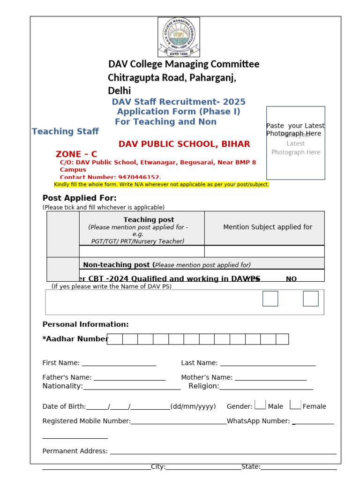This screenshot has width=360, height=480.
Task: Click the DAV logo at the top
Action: coord(179,37)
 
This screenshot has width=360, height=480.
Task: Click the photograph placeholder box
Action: coord(295,143)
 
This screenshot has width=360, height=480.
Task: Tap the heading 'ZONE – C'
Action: coord(76,154)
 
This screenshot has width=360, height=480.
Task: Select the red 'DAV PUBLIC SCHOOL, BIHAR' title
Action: coord(184,144)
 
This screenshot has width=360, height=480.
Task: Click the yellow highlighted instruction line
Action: coord(162,185)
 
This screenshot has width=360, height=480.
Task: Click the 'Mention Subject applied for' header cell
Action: coord(268,227)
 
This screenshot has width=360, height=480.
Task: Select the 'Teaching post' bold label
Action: coord(149,219)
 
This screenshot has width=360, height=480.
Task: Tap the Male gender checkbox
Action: coord(260,405)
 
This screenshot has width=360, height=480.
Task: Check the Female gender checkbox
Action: coord(295,405)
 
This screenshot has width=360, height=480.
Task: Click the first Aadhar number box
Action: coord(115,339)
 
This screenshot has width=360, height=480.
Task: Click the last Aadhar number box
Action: coord(282,339)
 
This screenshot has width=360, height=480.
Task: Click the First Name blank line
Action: coord(119,363)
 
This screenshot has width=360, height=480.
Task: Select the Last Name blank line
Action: coord(268,363)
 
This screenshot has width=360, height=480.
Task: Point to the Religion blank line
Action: coord(266,387)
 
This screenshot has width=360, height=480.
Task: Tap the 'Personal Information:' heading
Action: coord(86,324)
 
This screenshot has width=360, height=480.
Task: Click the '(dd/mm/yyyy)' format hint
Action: coord(193,406)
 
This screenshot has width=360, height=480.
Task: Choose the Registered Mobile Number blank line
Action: coord(179,421)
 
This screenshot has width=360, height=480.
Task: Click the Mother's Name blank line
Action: coord(270,378)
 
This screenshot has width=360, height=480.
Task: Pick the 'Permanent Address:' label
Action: coord(75,451)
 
